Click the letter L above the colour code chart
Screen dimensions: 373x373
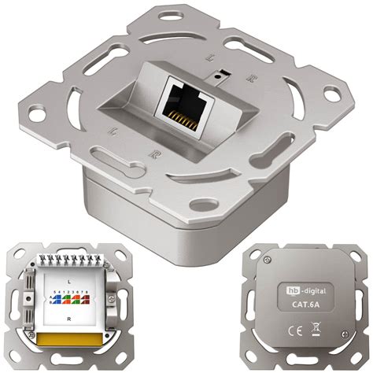(x=71, y=281)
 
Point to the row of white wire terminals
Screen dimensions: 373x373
(x=70, y=260)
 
